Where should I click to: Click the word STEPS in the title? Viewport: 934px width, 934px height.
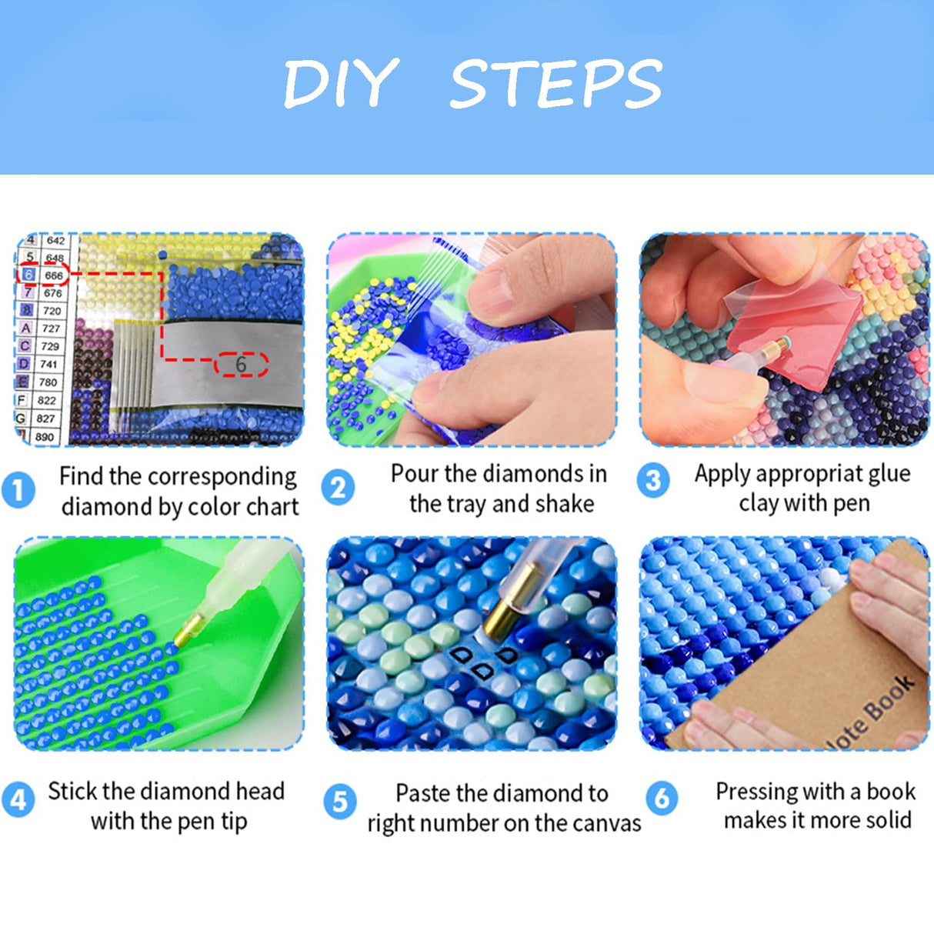[556, 83]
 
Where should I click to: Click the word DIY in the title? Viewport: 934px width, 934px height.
[340, 83]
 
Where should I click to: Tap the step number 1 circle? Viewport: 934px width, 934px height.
[18, 490]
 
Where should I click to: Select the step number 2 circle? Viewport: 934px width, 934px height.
[338, 487]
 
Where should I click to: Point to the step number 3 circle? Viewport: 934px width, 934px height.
[653, 480]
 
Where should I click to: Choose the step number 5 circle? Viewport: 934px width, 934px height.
[340, 801]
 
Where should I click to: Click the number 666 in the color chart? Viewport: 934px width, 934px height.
[53, 275]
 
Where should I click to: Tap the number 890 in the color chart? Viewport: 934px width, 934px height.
[44, 437]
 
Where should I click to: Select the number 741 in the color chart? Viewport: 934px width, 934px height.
[48, 364]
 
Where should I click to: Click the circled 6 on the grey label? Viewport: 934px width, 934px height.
[241, 365]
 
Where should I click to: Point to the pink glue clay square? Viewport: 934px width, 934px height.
[795, 329]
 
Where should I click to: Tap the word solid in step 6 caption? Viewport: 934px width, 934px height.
[885, 820]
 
